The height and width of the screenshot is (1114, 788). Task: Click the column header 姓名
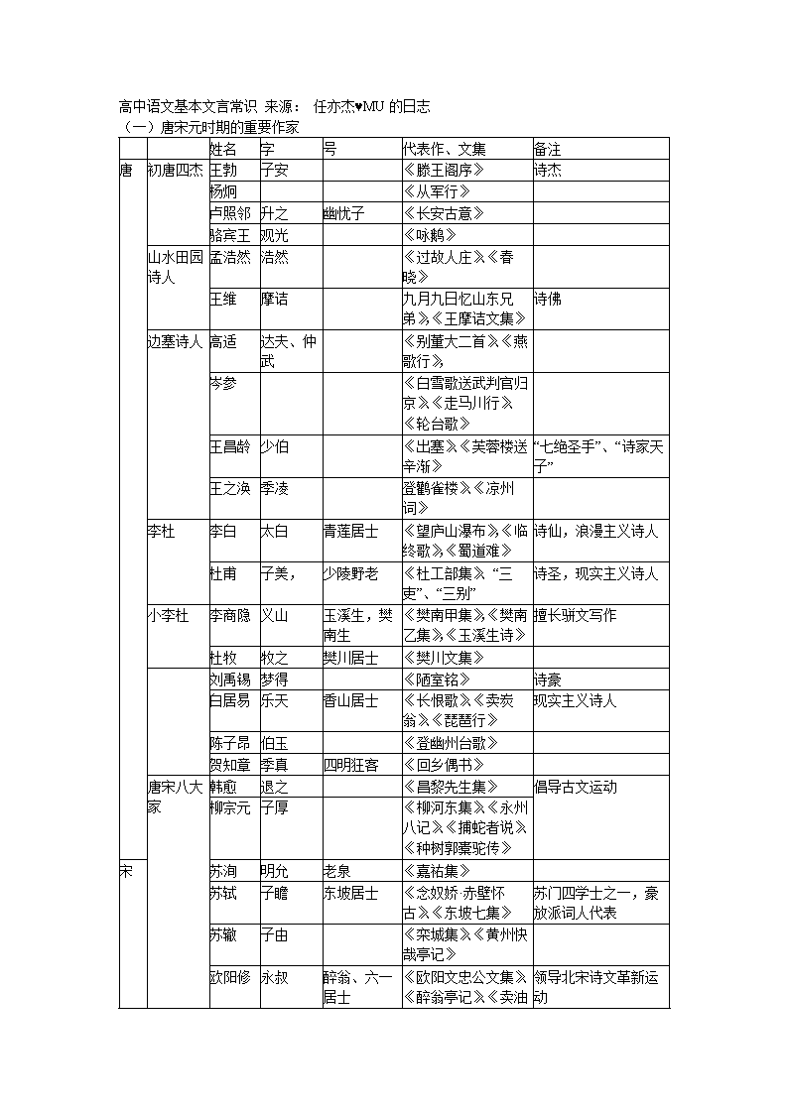coord(223,149)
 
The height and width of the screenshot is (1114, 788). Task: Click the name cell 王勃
coord(223,170)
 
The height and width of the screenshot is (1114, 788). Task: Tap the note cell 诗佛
coord(547,299)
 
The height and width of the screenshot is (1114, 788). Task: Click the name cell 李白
coord(223,532)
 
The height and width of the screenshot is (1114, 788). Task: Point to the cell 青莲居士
coord(350,532)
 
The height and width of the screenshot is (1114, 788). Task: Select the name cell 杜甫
coord(223,573)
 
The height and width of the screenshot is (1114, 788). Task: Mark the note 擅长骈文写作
coord(575,615)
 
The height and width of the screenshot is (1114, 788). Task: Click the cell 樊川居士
coord(350,657)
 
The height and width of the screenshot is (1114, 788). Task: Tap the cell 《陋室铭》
coord(438,680)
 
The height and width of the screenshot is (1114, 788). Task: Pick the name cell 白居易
coord(229,700)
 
